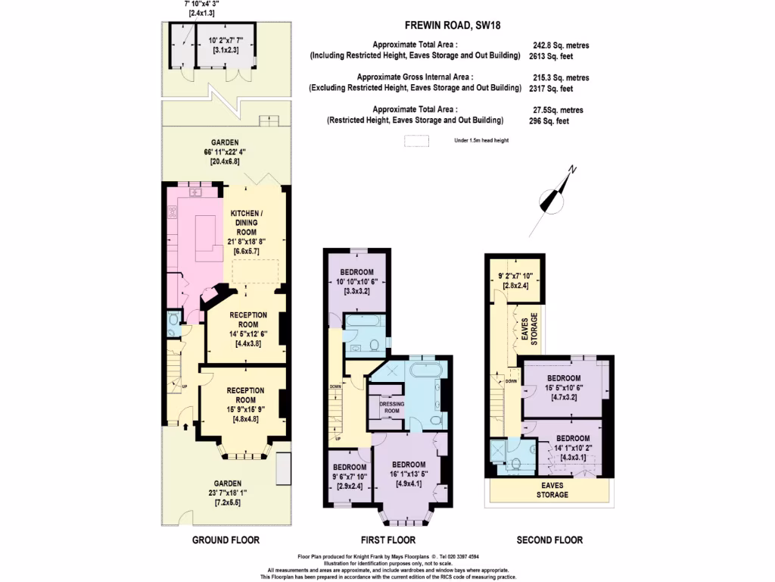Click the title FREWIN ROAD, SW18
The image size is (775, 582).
click(x=453, y=25)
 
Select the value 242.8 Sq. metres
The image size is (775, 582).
click(x=561, y=45)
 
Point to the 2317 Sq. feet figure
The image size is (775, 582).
click(x=551, y=89)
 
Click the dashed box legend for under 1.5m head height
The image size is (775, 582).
click(x=416, y=141)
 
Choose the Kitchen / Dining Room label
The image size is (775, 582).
click(x=246, y=223)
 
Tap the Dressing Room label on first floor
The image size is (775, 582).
click(x=391, y=407)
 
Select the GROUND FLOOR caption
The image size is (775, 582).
click(x=226, y=540)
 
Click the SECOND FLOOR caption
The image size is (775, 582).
click(x=549, y=540)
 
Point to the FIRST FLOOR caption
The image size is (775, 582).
click(x=388, y=540)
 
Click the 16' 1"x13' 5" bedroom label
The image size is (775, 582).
click(x=409, y=474)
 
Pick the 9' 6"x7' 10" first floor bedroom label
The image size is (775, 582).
click(x=350, y=477)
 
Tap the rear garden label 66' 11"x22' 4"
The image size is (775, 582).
click(x=225, y=152)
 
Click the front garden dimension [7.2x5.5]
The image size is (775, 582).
click(x=227, y=503)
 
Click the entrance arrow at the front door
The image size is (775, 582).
click(x=186, y=426)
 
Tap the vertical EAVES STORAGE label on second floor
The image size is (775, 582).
click(x=529, y=329)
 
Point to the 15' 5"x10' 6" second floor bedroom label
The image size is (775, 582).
click(x=563, y=387)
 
